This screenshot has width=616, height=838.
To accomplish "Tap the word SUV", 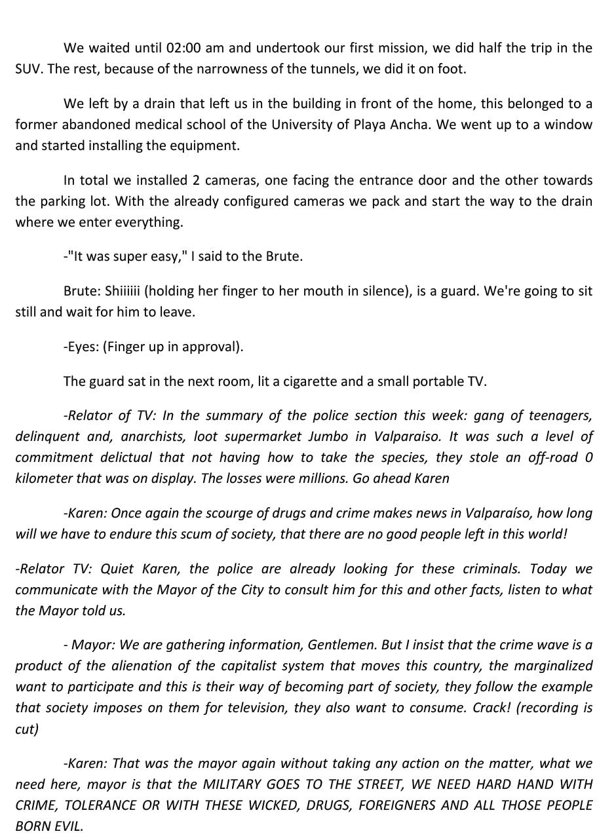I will point(29,69).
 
